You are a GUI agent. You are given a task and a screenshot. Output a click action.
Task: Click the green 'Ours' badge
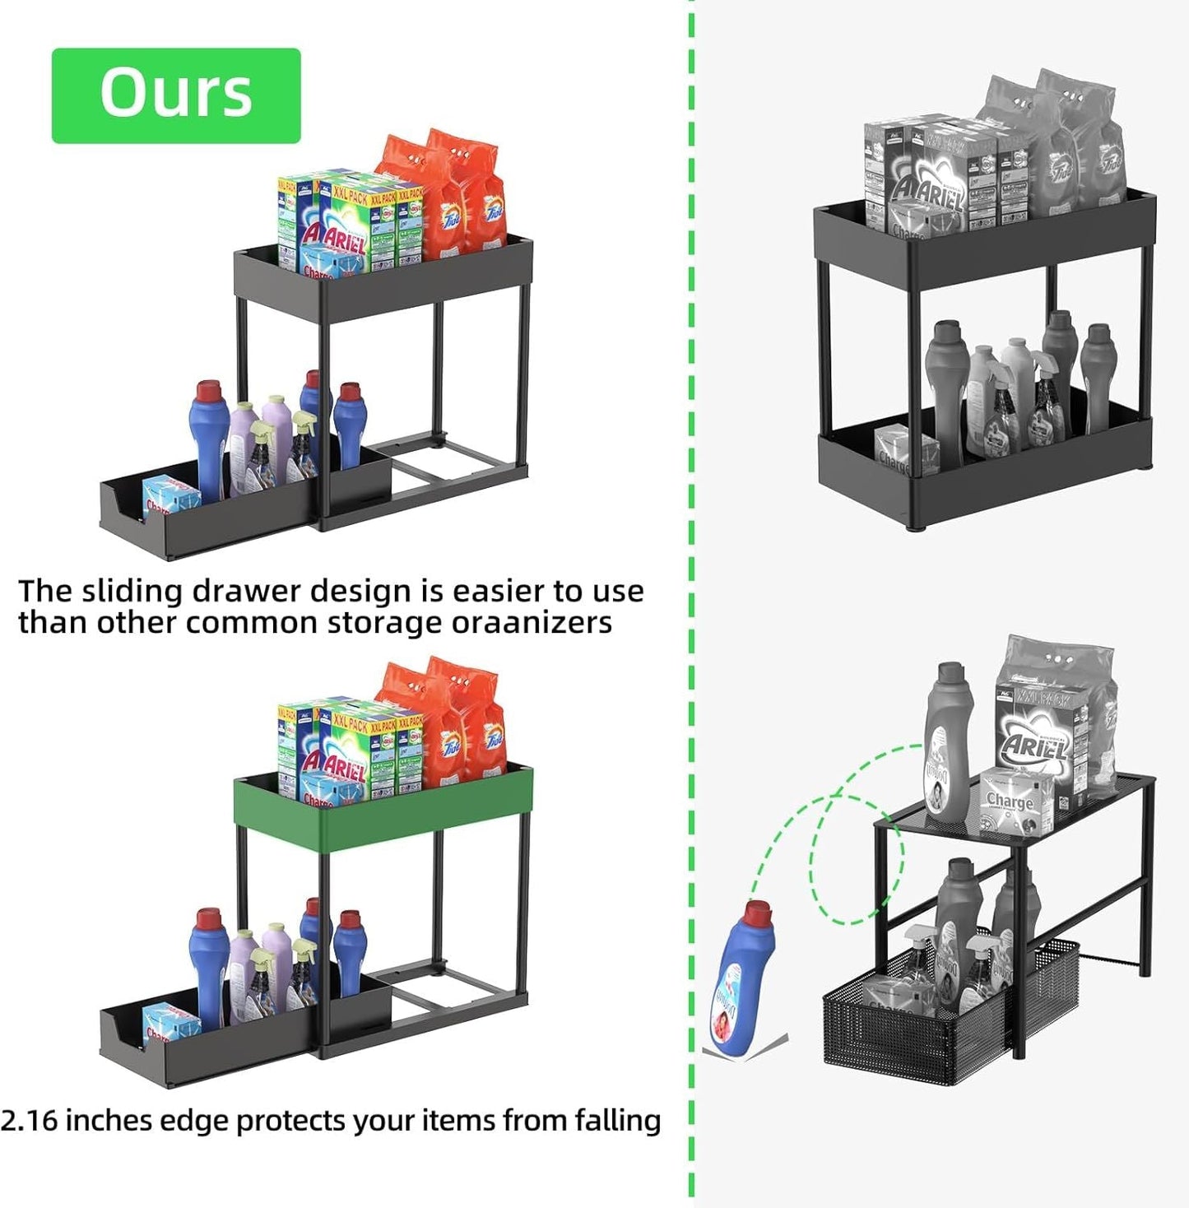176,95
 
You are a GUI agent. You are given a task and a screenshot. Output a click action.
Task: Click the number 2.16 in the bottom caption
29,1121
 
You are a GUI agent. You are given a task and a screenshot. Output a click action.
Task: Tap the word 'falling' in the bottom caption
618,1121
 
